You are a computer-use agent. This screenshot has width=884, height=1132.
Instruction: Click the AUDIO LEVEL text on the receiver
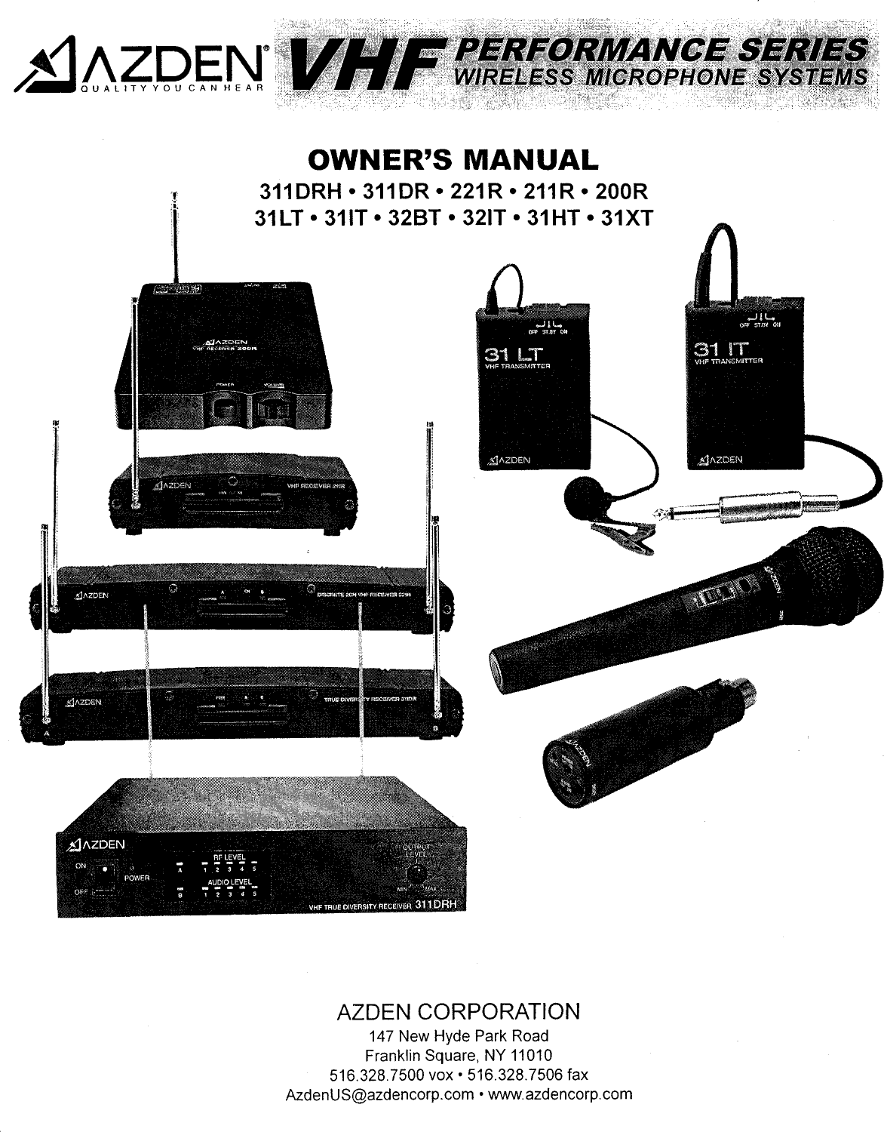[x=229, y=881]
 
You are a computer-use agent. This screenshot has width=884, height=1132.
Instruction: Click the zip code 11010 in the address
[x=531, y=1054]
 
